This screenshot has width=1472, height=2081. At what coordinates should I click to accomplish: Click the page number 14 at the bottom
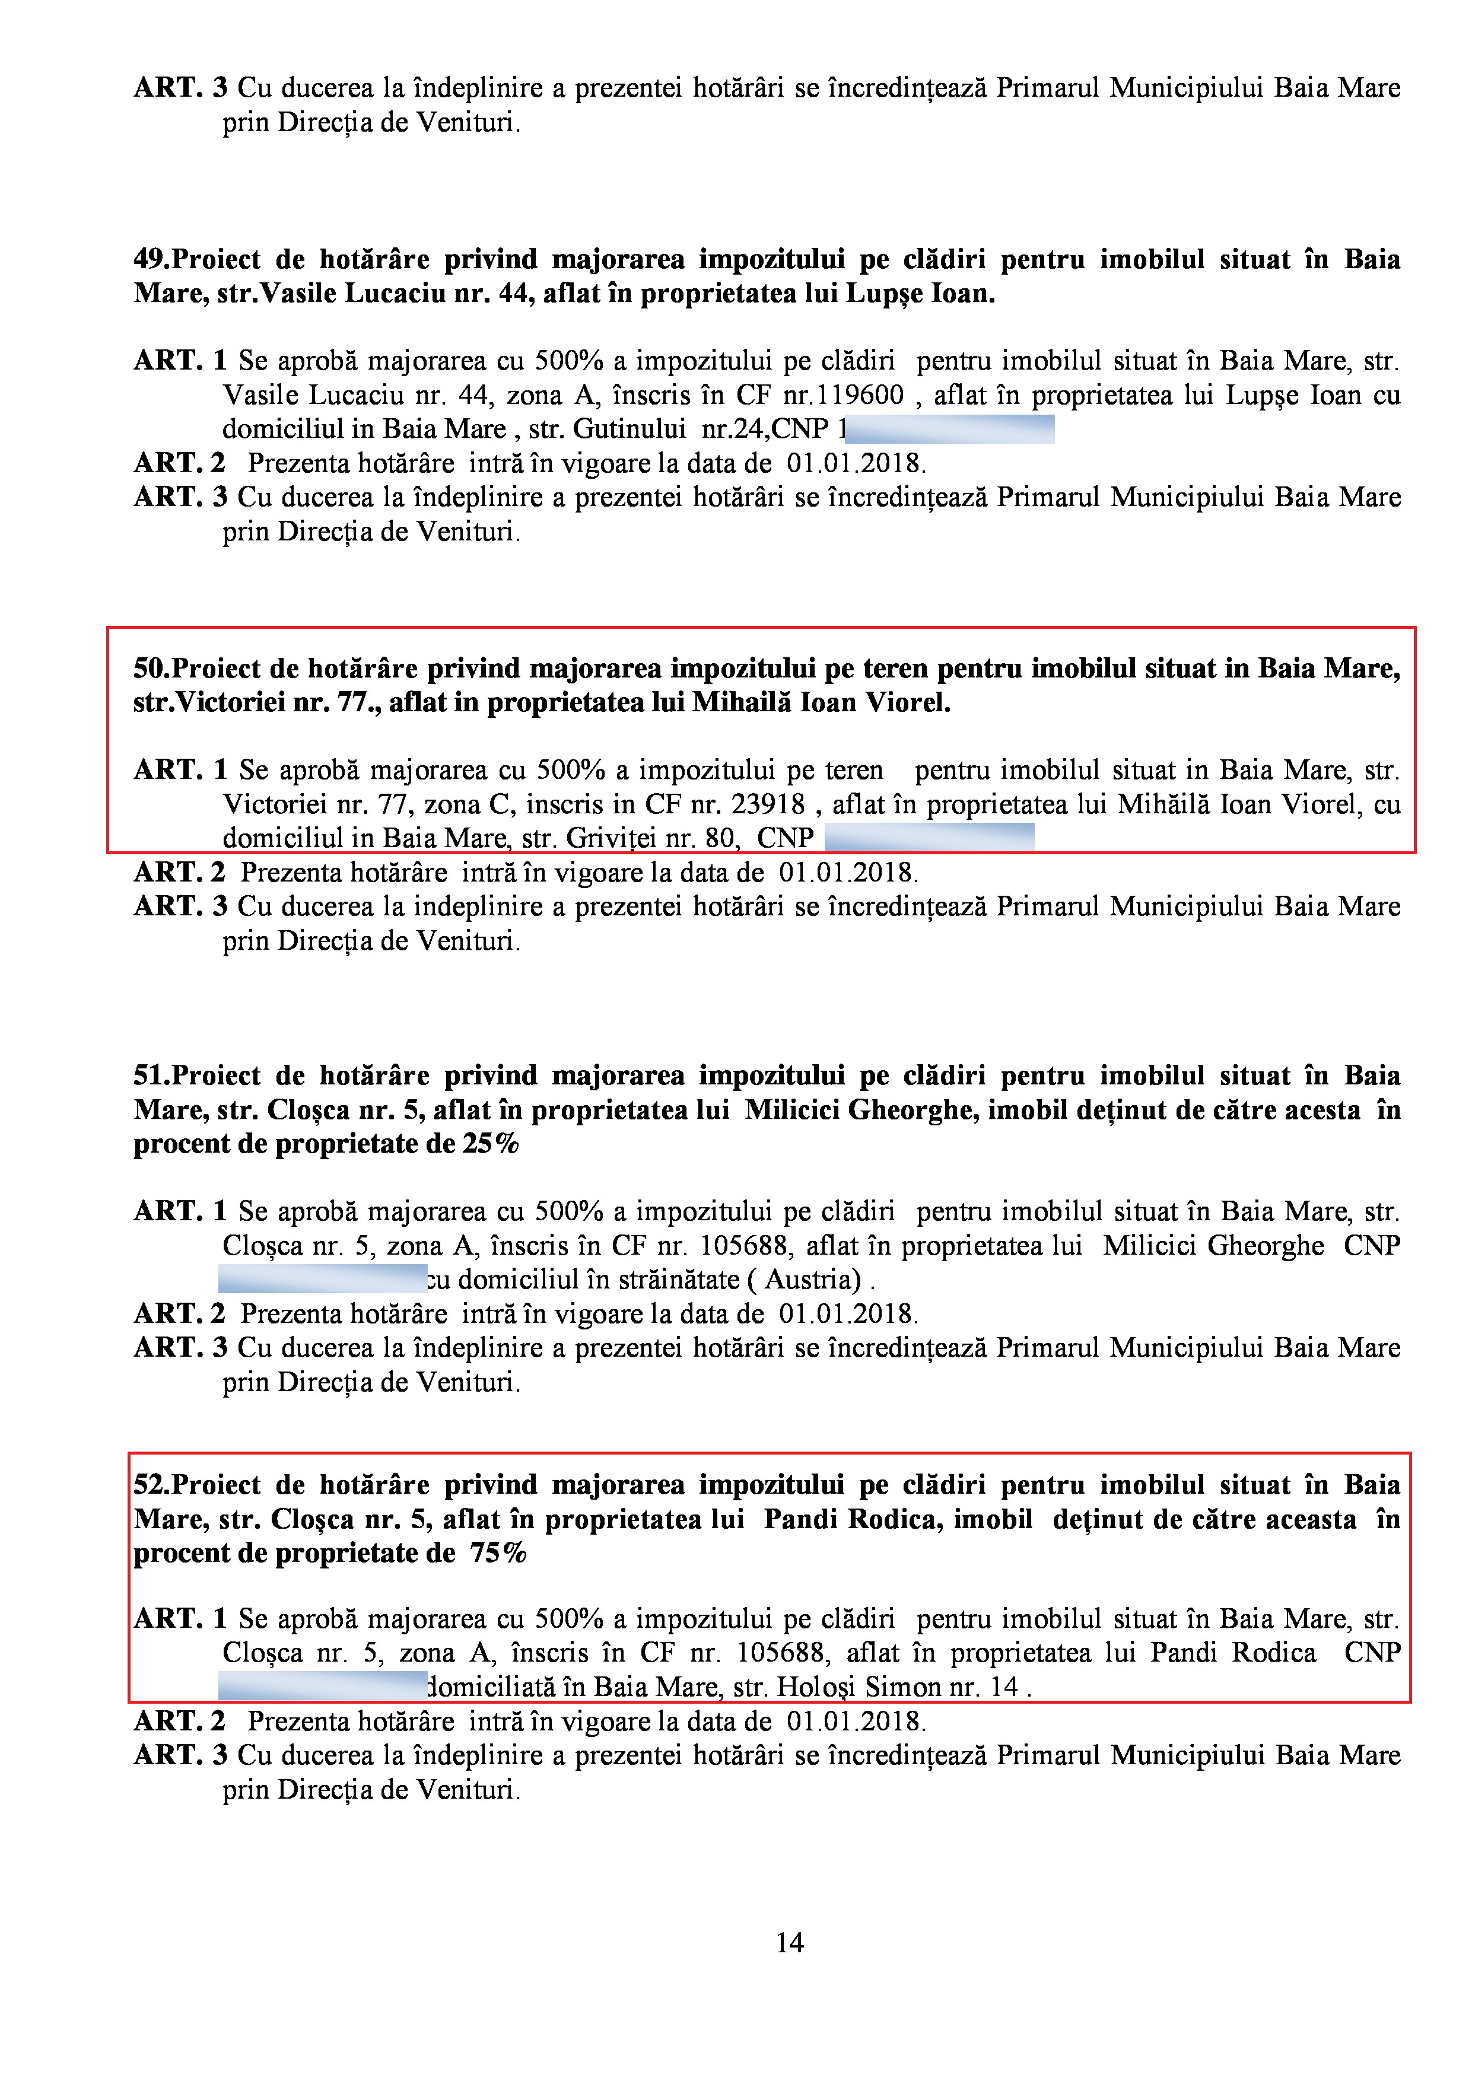[x=789, y=1942]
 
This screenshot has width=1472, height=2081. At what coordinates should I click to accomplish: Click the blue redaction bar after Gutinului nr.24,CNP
[x=950, y=429]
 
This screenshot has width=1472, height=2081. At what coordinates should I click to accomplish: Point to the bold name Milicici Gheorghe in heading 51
[x=861, y=1110]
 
